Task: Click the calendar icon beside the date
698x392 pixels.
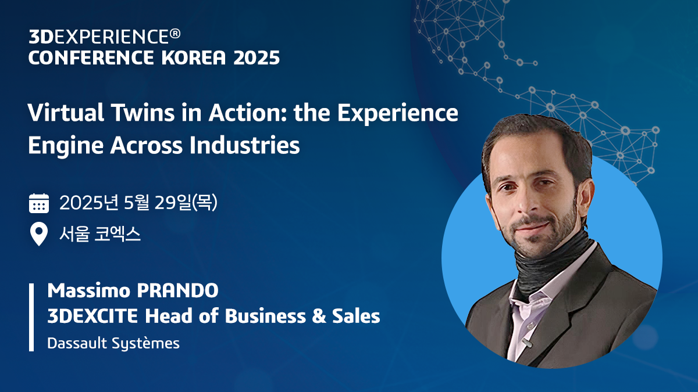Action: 39,204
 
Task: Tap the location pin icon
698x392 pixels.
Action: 39,235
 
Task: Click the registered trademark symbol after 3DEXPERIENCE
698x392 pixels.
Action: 174,36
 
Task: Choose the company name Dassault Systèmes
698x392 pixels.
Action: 113,343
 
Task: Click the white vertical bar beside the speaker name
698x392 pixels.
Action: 31,317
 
